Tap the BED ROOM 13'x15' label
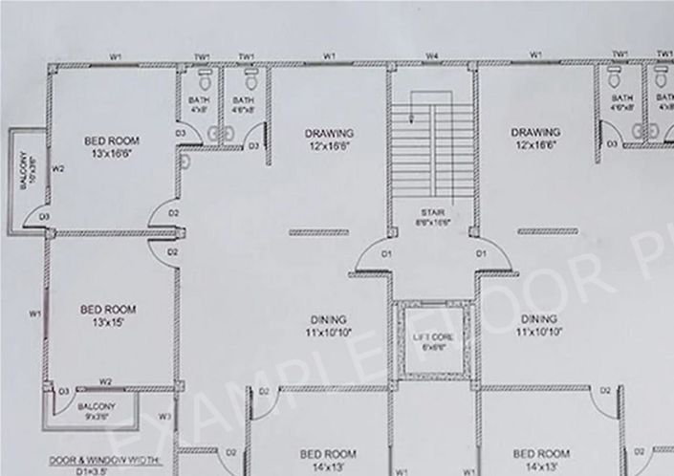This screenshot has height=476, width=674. point(107,315)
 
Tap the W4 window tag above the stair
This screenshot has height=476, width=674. point(432,57)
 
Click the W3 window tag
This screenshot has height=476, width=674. point(164,416)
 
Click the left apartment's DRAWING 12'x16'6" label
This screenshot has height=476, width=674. point(330,139)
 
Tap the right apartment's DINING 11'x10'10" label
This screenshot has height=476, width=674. point(540,325)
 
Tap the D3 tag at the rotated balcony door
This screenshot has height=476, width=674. point(44,218)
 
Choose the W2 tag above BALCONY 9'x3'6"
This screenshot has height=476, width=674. point(107,381)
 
